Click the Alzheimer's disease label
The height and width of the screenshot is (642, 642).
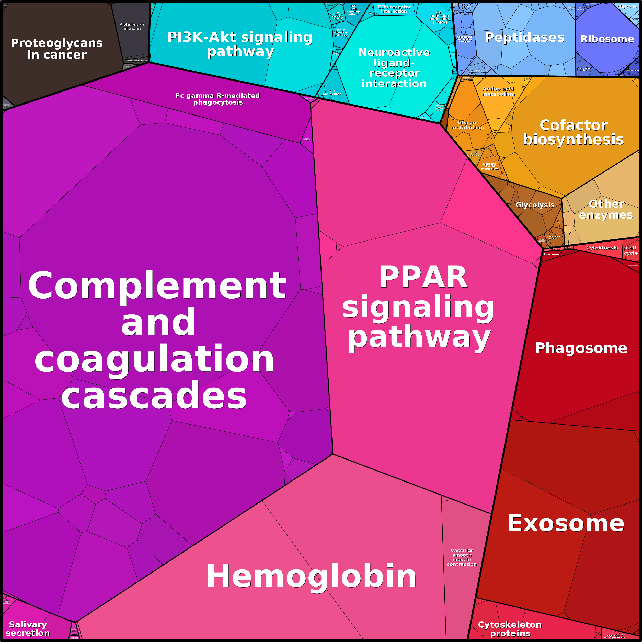click(x=132, y=27)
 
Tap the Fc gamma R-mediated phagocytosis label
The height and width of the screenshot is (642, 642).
click(x=218, y=99)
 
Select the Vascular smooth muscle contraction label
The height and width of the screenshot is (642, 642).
click(x=462, y=557)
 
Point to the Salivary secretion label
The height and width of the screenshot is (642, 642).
click(x=28, y=629)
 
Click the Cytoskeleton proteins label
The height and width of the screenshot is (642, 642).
click(x=510, y=629)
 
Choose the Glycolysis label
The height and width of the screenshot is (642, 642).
click(x=535, y=205)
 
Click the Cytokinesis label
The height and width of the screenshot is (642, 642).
click(x=602, y=248)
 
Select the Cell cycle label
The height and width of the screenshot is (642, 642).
click(x=631, y=250)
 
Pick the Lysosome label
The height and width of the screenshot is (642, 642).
click(x=552, y=254)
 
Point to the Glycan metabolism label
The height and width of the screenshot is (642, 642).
click(x=467, y=125)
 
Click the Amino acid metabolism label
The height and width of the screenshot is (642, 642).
click(x=498, y=91)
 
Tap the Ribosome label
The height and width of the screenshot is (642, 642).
click(x=607, y=39)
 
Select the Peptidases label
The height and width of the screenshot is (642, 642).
click(x=525, y=38)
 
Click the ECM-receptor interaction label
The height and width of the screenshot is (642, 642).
click(x=394, y=9)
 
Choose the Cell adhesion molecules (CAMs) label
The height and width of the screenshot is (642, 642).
click(x=440, y=17)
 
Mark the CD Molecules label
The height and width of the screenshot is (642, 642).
click(x=332, y=92)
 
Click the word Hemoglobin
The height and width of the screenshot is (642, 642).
click(x=311, y=576)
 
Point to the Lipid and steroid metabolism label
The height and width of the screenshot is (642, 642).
click(x=489, y=166)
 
